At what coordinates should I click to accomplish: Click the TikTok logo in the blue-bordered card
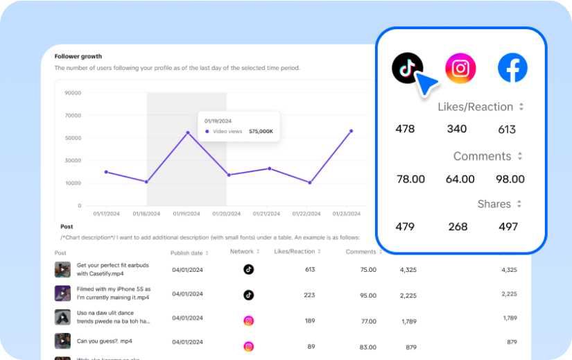[407, 67]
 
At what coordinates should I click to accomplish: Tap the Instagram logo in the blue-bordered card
[460, 68]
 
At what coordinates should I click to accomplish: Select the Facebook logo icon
[512, 68]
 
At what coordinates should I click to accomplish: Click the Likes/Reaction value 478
[405, 129]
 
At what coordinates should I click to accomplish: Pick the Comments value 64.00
[460, 179]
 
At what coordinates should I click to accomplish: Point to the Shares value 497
[508, 226]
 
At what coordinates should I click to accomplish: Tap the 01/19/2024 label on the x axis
[186, 214]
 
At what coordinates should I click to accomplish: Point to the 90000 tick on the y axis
[73, 92]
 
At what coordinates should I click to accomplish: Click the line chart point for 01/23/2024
[351, 130]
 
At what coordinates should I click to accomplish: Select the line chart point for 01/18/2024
[146, 182]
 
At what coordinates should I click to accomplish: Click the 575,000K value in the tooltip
[261, 131]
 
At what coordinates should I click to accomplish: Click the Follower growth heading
[78, 56]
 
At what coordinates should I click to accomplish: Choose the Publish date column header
[187, 252]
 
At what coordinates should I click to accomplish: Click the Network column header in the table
[242, 252]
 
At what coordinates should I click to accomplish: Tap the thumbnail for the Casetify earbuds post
[62, 269]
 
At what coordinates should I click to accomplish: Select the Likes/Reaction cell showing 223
[309, 295]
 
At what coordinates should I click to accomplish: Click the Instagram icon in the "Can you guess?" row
[248, 346]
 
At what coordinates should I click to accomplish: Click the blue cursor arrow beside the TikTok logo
[426, 85]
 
